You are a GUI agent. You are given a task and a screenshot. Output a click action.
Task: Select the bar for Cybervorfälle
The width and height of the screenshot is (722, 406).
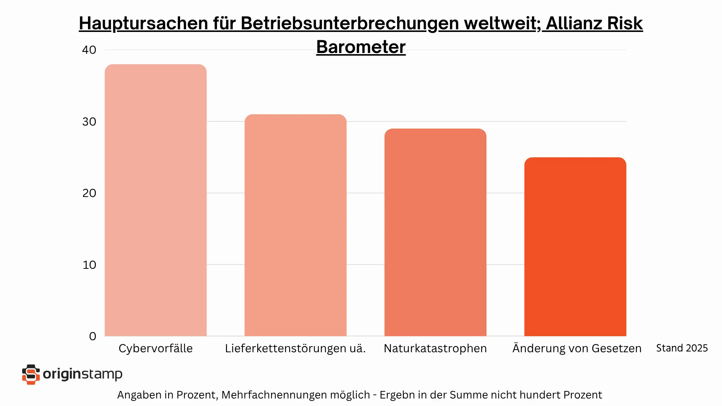(x=155, y=200)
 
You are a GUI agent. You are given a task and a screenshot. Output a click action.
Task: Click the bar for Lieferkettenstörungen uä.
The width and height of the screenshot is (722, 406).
(x=295, y=225)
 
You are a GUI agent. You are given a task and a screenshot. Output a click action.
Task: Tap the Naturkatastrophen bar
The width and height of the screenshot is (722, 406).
(x=435, y=232)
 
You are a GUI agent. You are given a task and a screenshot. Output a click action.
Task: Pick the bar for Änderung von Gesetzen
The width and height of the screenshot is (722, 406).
(x=575, y=247)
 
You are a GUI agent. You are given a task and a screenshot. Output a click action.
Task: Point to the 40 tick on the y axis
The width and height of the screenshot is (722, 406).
(x=89, y=50)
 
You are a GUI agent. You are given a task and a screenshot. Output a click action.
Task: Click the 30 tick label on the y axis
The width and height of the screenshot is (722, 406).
(x=89, y=122)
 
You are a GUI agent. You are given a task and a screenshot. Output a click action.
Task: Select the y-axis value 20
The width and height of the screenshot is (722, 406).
(x=89, y=193)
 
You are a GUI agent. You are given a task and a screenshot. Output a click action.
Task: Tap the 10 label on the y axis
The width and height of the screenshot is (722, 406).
(x=89, y=265)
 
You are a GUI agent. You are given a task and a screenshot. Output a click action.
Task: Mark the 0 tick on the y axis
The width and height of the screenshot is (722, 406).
(x=93, y=336)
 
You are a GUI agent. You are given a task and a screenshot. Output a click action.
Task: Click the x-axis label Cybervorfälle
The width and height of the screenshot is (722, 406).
(x=155, y=348)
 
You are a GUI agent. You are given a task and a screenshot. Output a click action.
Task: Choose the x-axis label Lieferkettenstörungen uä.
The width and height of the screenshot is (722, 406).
(x=295, y=348)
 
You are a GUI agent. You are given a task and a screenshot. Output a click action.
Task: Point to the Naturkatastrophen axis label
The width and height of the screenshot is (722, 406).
(x=435, y=348)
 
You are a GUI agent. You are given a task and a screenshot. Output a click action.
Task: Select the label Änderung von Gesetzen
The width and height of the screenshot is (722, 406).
(x=577, y=348)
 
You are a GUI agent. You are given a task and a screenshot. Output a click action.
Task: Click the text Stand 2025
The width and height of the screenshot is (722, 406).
(x=682, y=348)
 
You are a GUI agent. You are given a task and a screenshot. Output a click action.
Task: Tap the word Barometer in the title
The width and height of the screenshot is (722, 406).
(x=361, y=47)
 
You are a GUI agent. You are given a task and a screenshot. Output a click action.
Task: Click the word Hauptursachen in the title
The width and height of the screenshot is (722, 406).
(x=143, y=23)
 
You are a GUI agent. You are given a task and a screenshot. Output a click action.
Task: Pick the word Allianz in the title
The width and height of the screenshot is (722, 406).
(x=573, y=23)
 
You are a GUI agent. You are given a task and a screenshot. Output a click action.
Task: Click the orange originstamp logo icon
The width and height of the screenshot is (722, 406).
(x=31, y=374)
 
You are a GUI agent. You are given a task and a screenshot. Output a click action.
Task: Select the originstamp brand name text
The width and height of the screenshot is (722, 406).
(x=82, y=374)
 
